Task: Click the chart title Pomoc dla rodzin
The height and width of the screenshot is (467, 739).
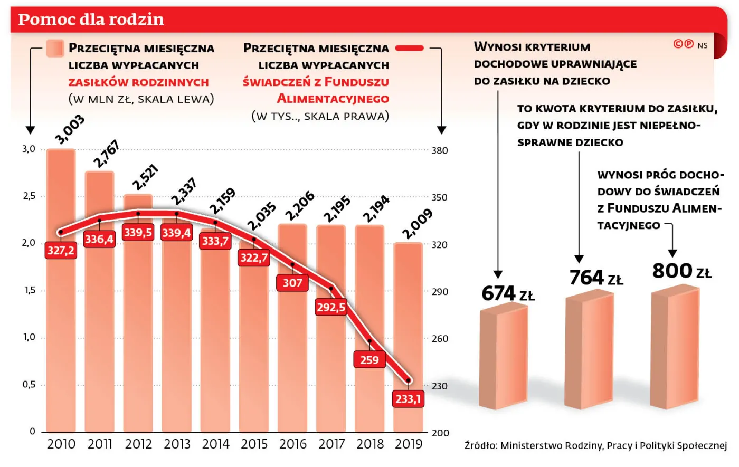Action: pyautogui.click(x=91, y=20)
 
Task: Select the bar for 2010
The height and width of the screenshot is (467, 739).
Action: pyautogui.click(x=61, y=317)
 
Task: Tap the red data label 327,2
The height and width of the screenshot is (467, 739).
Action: pyautogui.click(x=61, y=250)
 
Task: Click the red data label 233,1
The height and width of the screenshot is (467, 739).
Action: pyautogui.click(x=409, y=399)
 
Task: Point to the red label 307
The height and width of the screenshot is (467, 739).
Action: pyautogui.click(x=292, y=283)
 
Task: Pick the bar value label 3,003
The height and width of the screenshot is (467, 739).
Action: pyautogui.click(x=70, y=129)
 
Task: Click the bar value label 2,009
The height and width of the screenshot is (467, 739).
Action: pyautogui.click(x=417, y=224)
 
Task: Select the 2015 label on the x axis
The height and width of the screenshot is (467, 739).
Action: pyautogui.click(x=254, y=444)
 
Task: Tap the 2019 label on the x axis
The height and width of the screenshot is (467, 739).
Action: pyautogui.click(x=409, y=444)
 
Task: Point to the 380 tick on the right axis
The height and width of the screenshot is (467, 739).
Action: pyautogui.click(x=440, y=151)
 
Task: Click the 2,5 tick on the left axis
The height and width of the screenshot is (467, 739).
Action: pyautogui.click(x=29, y=196)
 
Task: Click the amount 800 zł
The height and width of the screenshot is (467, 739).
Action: pyautogui.click(x=681, y=271)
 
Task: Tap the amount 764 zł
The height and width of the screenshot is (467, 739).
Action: pyautogui.click(x=596, y=278)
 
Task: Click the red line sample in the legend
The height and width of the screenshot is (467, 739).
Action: pyautogui.click(x=410, y=49)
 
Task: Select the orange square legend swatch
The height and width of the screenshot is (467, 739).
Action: pyautogui.click(x=55, y=48)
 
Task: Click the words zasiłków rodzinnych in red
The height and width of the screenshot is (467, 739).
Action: pyautogui.click(x=138, y=82)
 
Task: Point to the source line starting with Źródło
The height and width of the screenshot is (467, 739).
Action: pyautogui.click(x=595, y=446)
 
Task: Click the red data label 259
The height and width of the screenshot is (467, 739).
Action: pyautogui.click(x=369, y=360)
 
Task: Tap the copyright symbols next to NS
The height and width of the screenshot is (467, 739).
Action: pyautogui.click(x=684, y=44)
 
